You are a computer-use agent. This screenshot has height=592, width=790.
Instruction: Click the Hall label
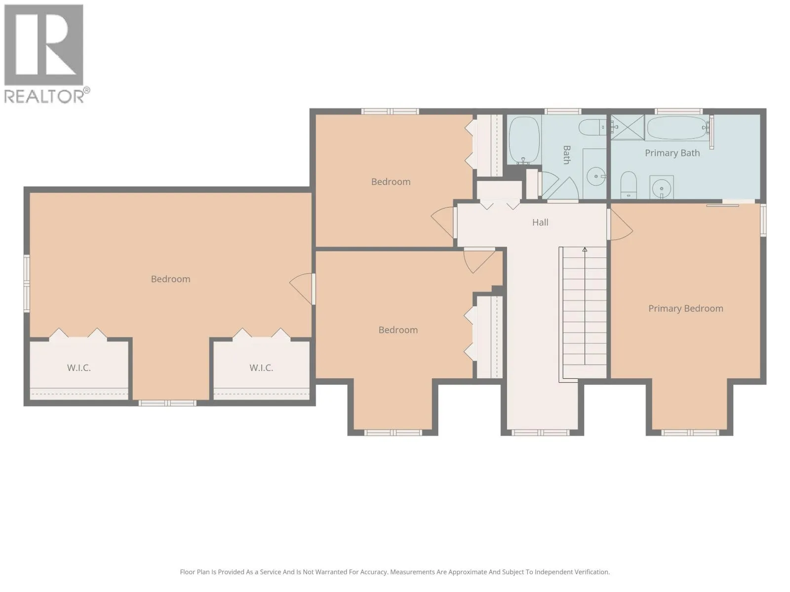[540, 222]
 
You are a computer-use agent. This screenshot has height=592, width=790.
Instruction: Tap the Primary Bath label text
[672, 153]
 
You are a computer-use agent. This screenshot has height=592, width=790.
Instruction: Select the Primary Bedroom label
[685, 308]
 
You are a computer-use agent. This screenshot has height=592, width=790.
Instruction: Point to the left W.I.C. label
[79, 368]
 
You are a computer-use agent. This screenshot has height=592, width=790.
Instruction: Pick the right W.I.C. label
[261, 368]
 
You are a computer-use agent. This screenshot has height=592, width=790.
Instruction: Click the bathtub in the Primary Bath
[677, 128]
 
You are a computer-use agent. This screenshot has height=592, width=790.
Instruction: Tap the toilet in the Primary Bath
[629, 185]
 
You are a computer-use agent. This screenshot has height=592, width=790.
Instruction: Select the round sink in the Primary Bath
[661, 187]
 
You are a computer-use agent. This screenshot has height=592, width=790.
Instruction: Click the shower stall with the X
[628, 127]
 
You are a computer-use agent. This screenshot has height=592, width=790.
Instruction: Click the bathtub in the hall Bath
[524, 140]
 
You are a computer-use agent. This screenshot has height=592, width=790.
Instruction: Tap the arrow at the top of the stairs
[585, 250]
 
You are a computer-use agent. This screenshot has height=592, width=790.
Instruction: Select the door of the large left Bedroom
[301, 289]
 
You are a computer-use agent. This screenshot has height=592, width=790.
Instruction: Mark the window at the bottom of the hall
[540, 433]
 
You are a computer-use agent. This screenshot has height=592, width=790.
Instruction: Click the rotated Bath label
[566, 155]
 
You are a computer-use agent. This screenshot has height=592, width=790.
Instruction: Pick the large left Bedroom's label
[170, 279]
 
